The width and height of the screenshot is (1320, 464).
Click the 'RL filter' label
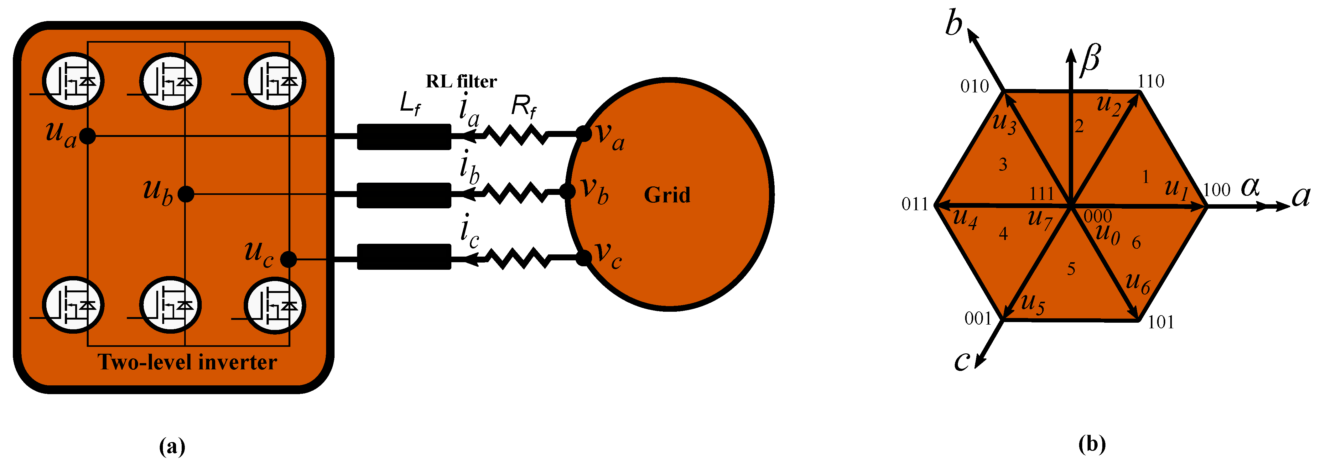(461, 81)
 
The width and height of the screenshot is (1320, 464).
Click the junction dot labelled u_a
(88, 136)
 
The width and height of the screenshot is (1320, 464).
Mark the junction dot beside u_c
(289, 259)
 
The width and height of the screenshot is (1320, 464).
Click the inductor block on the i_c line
(404, 256)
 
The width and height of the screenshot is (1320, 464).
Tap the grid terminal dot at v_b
(567, 192)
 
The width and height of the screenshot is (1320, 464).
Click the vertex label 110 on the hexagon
(1151, 81)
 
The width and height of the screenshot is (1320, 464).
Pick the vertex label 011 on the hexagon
(915, 205)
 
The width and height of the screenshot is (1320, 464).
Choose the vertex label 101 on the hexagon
(1161, 322)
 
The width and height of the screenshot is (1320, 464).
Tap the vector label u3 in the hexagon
(1004, 123)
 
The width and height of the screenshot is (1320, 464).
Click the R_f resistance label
(524, 107)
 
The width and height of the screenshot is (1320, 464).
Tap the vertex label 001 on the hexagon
(978, 319)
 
